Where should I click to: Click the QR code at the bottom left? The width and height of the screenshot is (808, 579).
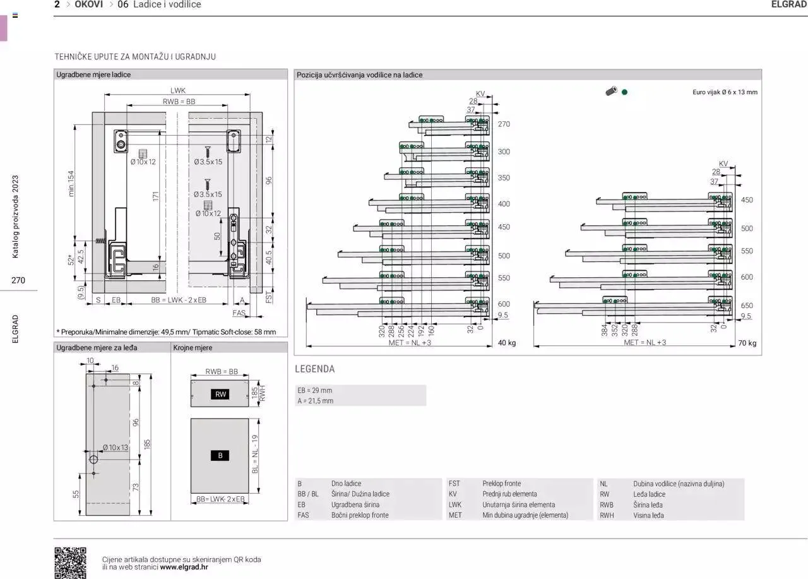[x=70, y=563]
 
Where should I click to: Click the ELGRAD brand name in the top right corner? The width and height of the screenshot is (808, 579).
[x=788, y=4]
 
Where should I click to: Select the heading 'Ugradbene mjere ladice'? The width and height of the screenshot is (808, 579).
[x=93, y=75]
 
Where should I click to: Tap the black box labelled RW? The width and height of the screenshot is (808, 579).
[x=220, y=395]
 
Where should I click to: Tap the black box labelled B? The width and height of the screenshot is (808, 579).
[x=220, y=455]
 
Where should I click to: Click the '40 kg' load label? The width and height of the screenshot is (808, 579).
[x=506, y=343]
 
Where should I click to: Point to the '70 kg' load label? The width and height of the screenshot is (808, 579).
[x=747, y=343]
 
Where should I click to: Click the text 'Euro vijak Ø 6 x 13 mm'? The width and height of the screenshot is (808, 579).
[x=724, y=92]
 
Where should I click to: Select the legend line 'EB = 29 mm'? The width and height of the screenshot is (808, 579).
[x=314, y=390]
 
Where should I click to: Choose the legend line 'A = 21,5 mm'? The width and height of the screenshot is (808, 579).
[x=315, y=401]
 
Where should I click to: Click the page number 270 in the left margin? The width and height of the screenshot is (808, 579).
[x=18, y=280]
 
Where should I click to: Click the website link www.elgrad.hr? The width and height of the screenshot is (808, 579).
[x=184, y=567]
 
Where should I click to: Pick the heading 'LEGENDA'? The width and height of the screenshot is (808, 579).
[x=314, y=369]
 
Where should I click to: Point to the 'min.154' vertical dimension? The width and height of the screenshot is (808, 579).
[x=71, y=183]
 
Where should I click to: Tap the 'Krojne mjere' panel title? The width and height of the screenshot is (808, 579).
[x=193, y=348]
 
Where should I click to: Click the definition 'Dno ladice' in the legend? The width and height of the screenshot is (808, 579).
[x=346, y=484]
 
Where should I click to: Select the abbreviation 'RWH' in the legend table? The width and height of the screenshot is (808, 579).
[x=606, y=515]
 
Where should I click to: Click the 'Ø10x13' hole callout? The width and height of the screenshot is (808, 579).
[x=116, y=448]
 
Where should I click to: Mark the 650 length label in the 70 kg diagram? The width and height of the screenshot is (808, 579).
[x=747, y=306]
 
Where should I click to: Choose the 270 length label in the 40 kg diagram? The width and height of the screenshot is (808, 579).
[x=504, y=124]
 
